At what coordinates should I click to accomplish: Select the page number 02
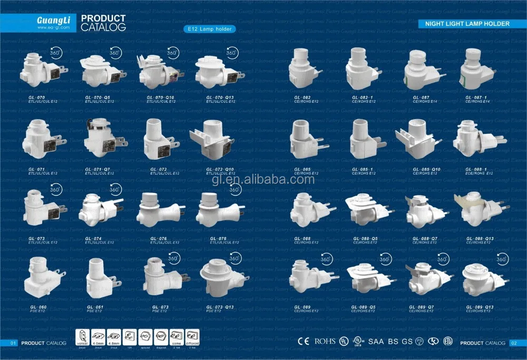coord(514,343)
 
